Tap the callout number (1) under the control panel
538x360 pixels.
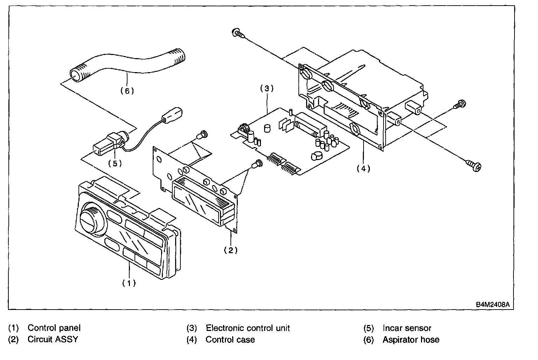[129, 283]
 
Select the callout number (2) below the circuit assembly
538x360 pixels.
[230, 250]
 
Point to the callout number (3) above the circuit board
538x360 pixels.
[267, 89]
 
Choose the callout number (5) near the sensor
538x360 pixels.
[115, 163]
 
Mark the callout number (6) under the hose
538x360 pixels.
[127, 91]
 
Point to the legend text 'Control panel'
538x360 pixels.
[54, 328]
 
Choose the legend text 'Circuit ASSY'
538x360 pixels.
[53, 339]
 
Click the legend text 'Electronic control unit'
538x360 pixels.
[248, 328]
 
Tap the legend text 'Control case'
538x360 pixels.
[230, 339]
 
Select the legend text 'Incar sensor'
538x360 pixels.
[407, 328]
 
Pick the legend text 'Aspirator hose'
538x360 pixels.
[411, 339]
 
